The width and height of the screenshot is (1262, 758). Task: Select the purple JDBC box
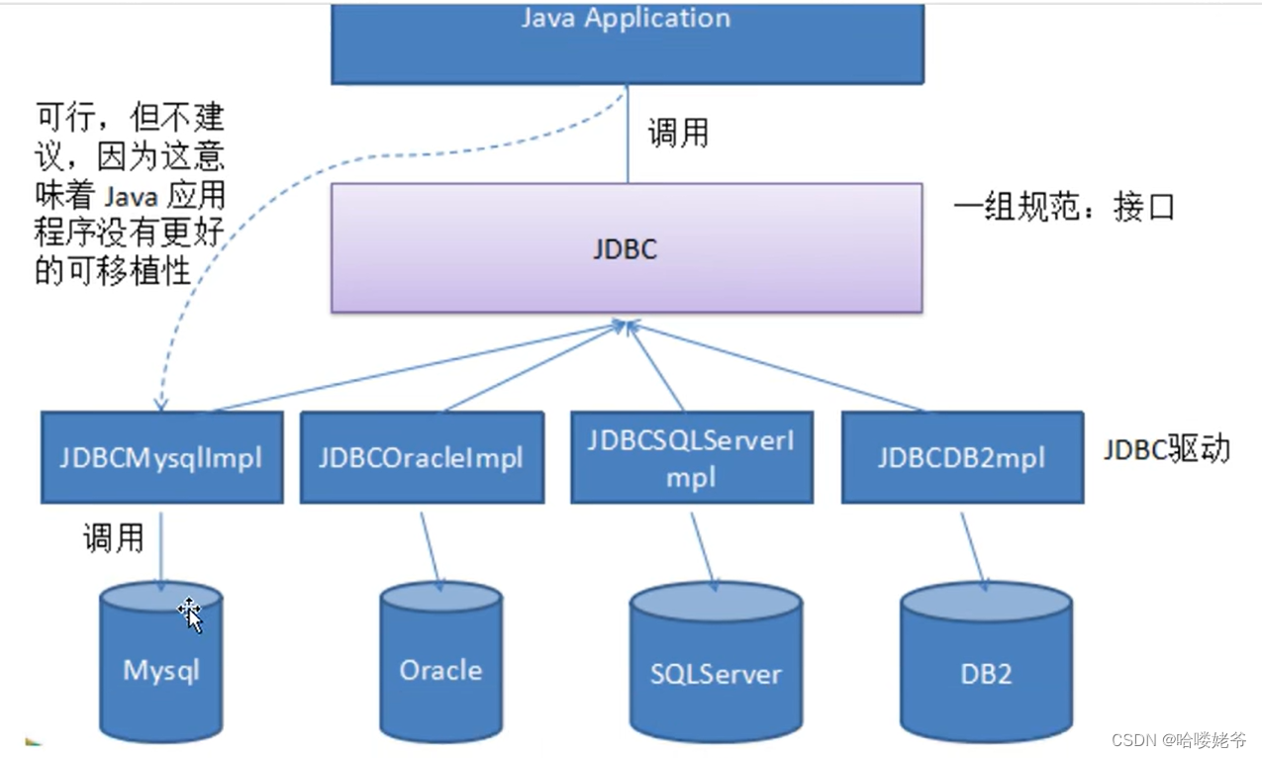click(x=626, y=247)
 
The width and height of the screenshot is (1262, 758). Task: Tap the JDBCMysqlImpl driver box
click(x=161, y=457)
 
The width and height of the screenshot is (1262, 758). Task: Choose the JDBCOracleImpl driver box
click(x=421, y=457)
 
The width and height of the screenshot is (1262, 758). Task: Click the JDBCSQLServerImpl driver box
click(x=691, y=457)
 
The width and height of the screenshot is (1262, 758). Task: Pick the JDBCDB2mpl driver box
click(x=961, y=457)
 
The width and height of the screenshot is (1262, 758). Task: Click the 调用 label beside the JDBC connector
click(x=678, y=133)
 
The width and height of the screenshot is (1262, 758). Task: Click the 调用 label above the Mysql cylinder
click(x=113, y=538)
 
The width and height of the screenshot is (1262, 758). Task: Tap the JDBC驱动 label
click(x=1167, y=449)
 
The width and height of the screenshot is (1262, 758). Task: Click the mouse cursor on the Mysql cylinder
click(x=190, y=615)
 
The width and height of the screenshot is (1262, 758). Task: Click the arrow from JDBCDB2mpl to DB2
click(x=973, y=549)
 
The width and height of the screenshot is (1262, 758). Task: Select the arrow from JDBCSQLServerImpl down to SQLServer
click(x=702, y=549)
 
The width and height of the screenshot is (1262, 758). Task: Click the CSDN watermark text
click(x=1178, y=740)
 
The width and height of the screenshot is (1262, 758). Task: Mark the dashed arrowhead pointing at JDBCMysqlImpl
click(x=160, y=402)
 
